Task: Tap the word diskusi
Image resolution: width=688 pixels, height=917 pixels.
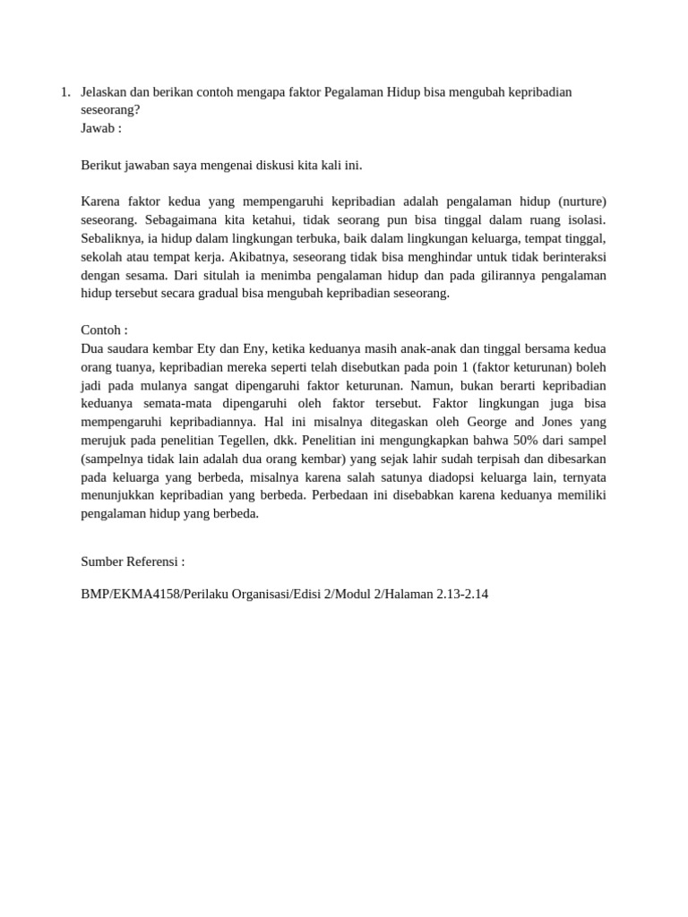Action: coord(268,165)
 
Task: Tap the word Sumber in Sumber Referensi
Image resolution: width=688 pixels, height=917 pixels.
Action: coord(102,561)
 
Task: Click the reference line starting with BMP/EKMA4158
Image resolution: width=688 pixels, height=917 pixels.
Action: coord(284,594)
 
